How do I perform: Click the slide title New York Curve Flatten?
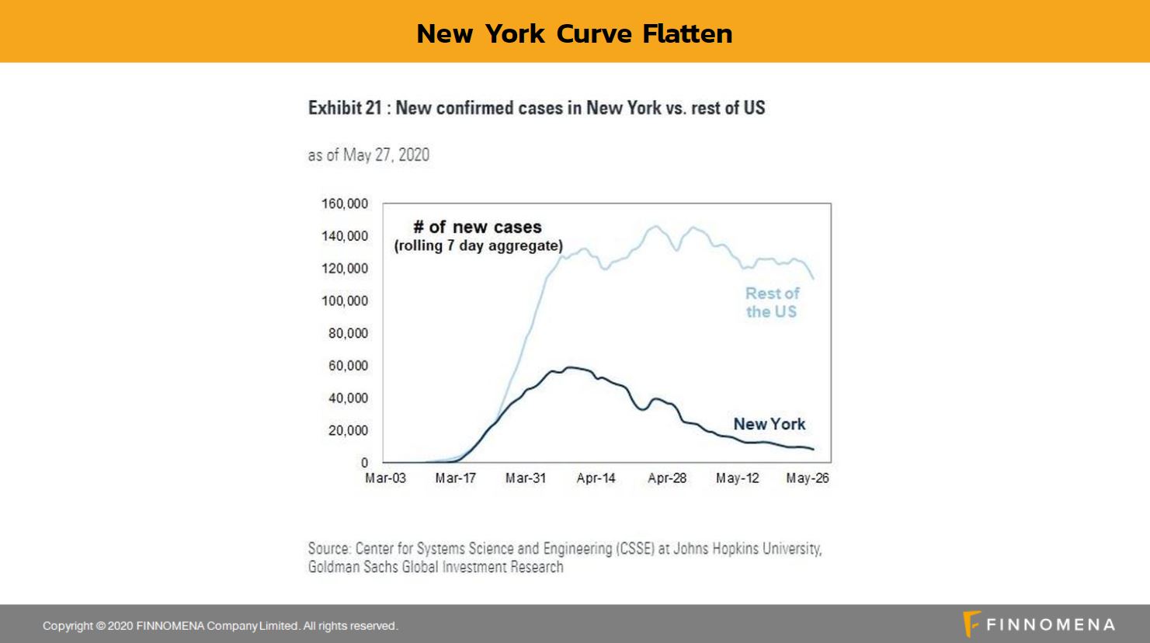(574, 33)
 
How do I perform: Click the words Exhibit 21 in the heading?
(345, 108)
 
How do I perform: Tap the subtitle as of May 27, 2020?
(368, 155)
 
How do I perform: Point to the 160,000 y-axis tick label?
(345, 203)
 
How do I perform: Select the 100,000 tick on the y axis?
(345, 301)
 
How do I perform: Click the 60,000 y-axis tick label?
(348, 366)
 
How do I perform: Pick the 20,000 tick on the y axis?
(348, 430)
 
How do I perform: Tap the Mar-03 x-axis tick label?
(385, 478)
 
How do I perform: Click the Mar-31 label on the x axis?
(525, 478)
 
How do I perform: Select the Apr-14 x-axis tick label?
(596, 478)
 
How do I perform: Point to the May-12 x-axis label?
(737, 478)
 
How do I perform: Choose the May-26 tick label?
(807, 478)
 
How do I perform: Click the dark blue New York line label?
(769, 424)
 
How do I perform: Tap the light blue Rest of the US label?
(771, 302)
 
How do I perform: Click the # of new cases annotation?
(478, 228)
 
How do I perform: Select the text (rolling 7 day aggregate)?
(478, 246)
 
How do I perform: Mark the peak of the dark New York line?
(572, 367)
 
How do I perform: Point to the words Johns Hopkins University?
(747, 549)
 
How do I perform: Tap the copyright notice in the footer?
(220, 626)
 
